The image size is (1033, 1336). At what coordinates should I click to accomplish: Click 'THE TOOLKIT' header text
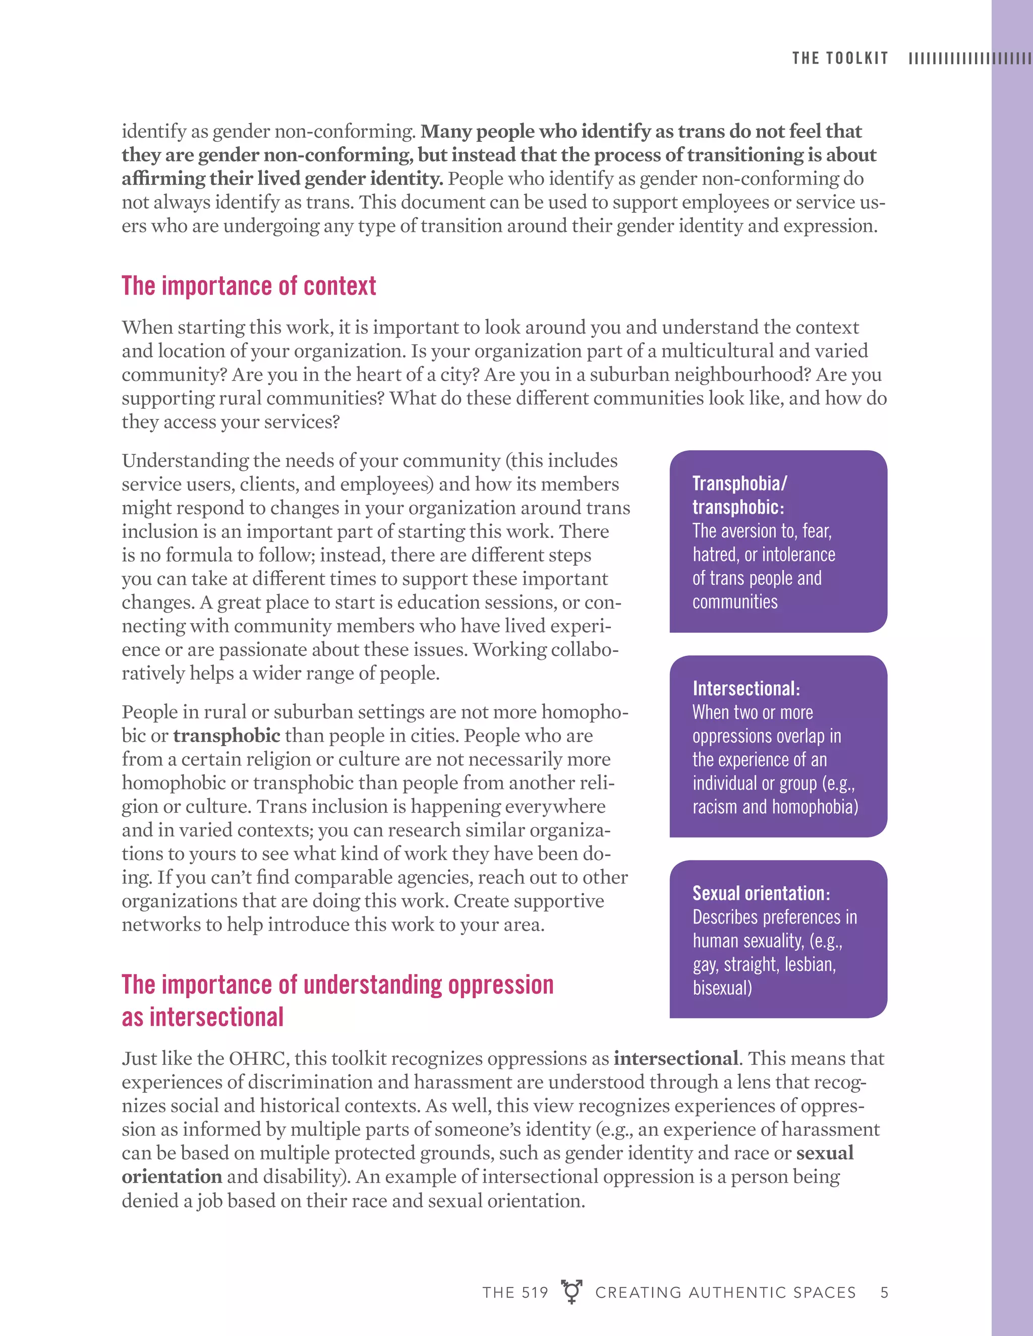pos(840,58)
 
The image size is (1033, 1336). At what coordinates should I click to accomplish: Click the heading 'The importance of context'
pos(249,286)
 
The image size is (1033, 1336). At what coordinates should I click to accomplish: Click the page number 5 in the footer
pos(884,1292)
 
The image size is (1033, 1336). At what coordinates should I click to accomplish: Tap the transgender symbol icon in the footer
pos(571,1291)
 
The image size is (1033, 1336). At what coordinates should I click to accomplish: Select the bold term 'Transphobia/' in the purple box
pos(739,483)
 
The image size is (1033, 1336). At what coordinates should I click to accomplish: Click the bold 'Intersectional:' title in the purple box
pos(746,688)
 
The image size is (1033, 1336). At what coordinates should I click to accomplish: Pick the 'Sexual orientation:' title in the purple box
pos(761,893)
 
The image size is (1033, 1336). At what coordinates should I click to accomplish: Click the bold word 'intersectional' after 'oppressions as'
pos(675,1059)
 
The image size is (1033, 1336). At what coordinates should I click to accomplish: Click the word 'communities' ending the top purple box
pos(735,602)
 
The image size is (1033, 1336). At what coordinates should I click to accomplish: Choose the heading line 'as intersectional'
pos(203,1017)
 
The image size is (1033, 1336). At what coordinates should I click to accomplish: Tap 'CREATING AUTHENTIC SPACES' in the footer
pos(725,1293)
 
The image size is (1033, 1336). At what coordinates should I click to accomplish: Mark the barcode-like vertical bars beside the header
pos(969,58)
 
